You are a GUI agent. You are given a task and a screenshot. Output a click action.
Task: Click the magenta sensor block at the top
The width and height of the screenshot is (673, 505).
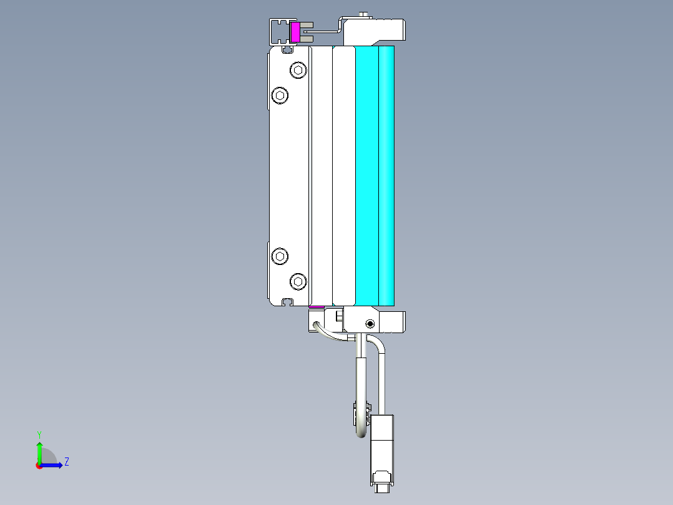coord(295,32)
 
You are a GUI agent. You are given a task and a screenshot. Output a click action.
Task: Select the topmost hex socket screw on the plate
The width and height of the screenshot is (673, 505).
coord(299,70)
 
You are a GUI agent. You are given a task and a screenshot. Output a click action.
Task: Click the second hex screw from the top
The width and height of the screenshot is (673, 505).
coord(281,96)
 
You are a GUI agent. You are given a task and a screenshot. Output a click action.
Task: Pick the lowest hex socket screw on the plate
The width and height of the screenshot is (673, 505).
coord(299,282)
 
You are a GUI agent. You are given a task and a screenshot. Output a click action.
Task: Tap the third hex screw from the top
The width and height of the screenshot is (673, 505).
coord(281,256)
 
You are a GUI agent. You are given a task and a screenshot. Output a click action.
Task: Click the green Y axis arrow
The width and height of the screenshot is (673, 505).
coord(39,451)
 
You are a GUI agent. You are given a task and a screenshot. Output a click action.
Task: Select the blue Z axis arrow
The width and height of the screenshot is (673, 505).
coord(54,465)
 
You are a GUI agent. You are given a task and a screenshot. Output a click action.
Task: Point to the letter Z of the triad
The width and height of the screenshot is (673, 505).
coord(66,462)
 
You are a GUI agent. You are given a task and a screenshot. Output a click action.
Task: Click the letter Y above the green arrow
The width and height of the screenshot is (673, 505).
coord(39,434)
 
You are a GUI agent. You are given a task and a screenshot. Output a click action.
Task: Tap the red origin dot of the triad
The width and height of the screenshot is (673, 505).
coord(39,466)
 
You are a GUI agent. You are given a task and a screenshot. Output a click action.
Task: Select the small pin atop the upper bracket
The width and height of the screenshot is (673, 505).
coord(363,13)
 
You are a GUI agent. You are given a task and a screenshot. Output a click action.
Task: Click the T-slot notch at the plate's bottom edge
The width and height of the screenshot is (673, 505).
coord(288,302)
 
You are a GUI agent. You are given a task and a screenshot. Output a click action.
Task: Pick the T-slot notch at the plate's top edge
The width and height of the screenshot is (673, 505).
coord(288,49)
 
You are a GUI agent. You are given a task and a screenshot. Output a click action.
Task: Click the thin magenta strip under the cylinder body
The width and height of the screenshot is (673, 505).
coord(317,307)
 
